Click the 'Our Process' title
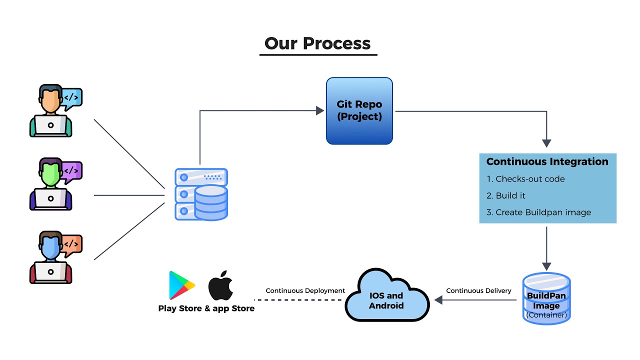tap(317, 43)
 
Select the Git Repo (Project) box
tap(359, 110)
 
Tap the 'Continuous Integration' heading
tap(547, 161)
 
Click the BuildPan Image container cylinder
tap(546, 298)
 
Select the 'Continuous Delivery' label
tap(478, 290)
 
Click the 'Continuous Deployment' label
tap(305, 290)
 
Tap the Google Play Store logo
tap(181, 285)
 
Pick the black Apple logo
tap(220, 285)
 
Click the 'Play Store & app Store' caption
tap(206, 308)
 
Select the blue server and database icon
tap(201, 194)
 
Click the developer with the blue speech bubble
tap(51, 111)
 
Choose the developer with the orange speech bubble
tap(51, 257)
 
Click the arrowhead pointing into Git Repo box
tap(320, 110)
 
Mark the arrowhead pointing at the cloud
tap(438, 300)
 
